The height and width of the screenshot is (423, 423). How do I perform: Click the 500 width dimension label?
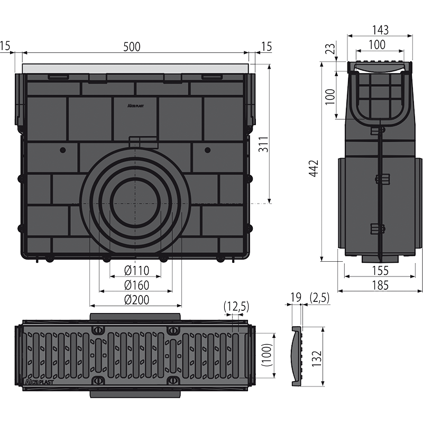click(x=132, y=46)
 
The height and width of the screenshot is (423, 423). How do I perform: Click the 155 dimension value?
click(x=379, y=270)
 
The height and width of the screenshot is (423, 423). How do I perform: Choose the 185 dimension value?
click(x=379, y=286)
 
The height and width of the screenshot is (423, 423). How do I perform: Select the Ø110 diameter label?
click(x=136, y=271)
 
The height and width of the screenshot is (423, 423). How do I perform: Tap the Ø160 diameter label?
click(x=136, y=286)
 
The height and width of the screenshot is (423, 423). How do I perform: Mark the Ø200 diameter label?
click(x=136, y=300)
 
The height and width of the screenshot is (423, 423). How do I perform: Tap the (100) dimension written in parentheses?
click(x=266, y=357)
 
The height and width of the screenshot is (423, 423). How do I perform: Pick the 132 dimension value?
click(x=316, y=357)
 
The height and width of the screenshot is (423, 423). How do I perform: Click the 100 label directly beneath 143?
click(x=376, y=45)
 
